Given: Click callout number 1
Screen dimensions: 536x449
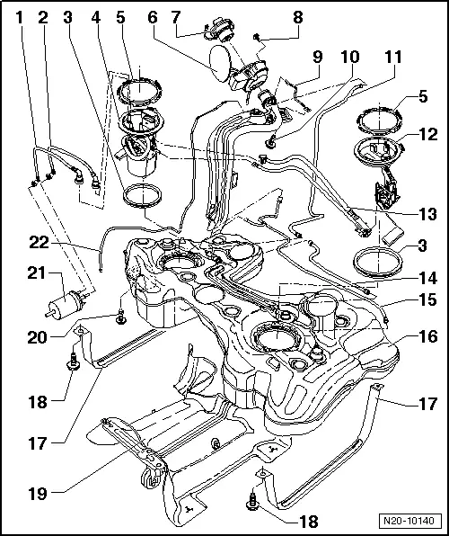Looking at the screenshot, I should (x=17, y=16).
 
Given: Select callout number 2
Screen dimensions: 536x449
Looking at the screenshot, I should (x=42, y=16).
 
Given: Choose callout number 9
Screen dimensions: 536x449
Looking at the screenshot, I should (x=315, y=57).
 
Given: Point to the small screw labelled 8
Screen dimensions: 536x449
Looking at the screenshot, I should (x=256, y=38).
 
